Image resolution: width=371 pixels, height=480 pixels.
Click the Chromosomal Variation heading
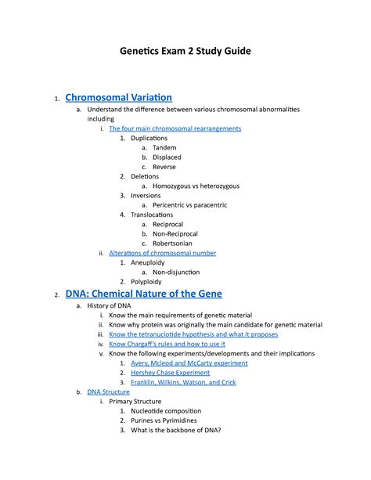point(119,98)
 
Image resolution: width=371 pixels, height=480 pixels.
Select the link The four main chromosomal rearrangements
point(175,128)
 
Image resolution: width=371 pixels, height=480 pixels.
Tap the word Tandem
point(164,147)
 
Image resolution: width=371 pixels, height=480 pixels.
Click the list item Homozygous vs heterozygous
point(196,186)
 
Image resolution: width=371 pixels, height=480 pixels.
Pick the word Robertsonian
point(177,244)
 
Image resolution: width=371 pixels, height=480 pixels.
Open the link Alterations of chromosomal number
point(162,253)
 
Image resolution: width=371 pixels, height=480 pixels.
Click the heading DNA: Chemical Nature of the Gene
point(143,294)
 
